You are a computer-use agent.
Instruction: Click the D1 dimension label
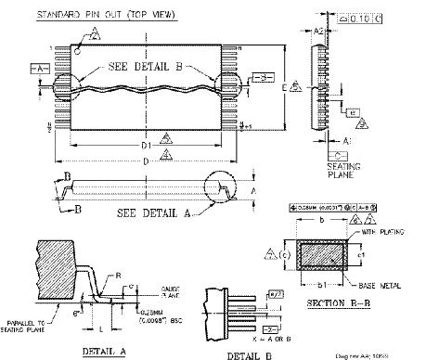coord(145,147)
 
